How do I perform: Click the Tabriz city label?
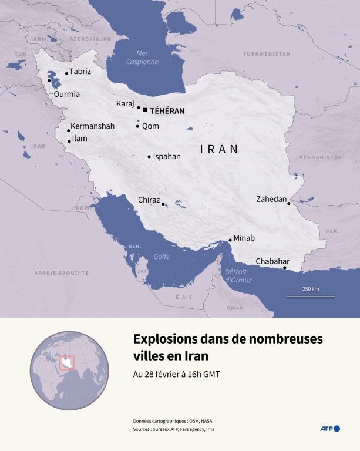pyautogui.click(x=80, y=72)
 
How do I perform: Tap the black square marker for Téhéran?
pyautogui.click(x=144, y=109)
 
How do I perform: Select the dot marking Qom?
pyautogui.click(x=137, y=126)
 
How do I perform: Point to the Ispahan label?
pyautogui.click(x=167, y=157)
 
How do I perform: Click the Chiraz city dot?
pyautogui.click(x=163, y=204)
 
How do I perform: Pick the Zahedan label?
pyautogui.click(x=271, y=200)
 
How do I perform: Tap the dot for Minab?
pyautogui.click(x=230, y=240)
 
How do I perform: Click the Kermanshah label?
pyautogui.click(x=92, y=126)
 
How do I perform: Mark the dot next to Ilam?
pyautogui.click(x=69, y=141)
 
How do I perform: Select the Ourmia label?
pyautogui.click(x=66, y=94)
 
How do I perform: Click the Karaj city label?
pyautogui.click(x=126, y=104)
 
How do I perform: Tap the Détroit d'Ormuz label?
pyautogui.click(x=238, y=275)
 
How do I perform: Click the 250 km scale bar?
pyautogui.click(x=311, y=296)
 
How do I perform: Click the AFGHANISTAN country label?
pyautogui.click(x=320, y=157)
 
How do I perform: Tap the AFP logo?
pyautogui.click(x=329, y=429)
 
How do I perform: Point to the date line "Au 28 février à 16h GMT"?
pyautogui.click(x=177, y=374)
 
